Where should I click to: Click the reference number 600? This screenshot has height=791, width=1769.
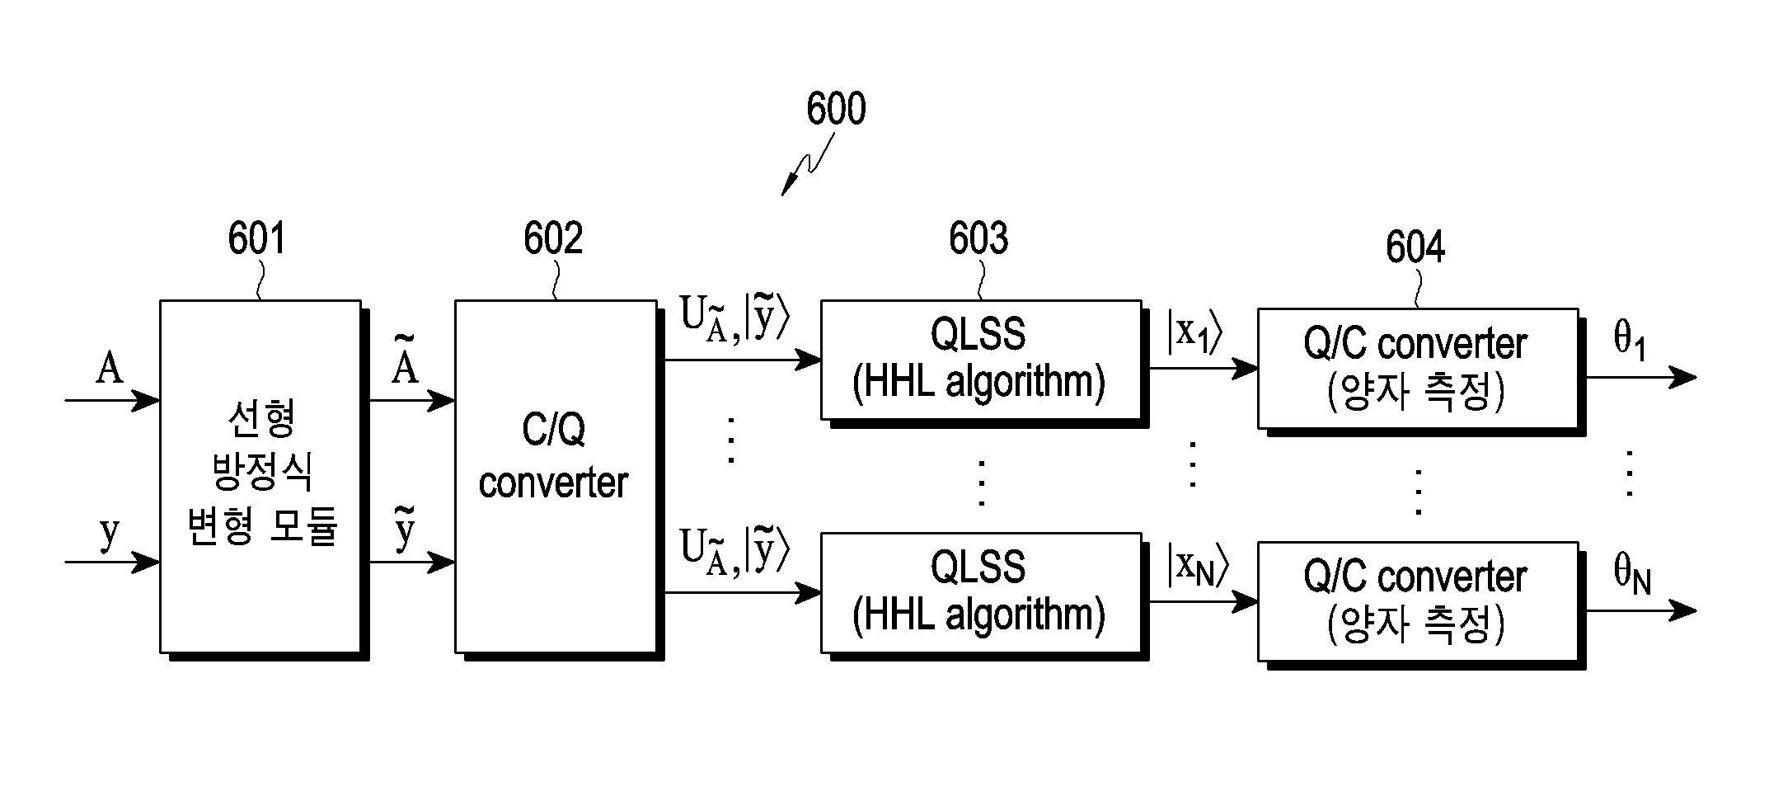pyautogui.click(x=836, y=109)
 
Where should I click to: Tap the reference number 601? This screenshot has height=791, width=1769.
pyautogui.click(x=256, y=238)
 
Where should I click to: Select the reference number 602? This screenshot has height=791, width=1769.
pyautogui.click(x=553, y=238)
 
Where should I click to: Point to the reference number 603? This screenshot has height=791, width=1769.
pyautogui.click(x=978, y=238)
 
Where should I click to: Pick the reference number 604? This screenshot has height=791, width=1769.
pyautogui.click(x=1415, y=247)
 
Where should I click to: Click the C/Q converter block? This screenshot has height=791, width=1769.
pyautogui.click(x=556, y=477)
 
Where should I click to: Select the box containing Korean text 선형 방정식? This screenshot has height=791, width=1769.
pyautogui.click(x=261, y=477)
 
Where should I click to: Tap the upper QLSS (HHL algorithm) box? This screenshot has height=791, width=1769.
pyautogui.click(x=982, y=360)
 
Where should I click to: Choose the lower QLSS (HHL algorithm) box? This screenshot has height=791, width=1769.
pyautogui.click(x=982, y=594)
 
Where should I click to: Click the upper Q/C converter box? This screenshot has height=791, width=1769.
pyautogui.click(x=1419, y=369)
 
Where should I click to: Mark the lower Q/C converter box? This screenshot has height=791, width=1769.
pyautogui.click(x=1419, y=602)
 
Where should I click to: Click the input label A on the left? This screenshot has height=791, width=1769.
pyautogui.click(x=110, y=368)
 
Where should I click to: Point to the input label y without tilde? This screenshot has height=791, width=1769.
pyautogui.click(x=110, y=532)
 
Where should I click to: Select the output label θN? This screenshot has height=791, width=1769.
pyautogui.click(x=1632, y=574)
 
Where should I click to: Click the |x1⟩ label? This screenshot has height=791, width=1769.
pyautogui.click(x=1194, y=332)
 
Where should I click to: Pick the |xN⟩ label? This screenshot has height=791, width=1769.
pyautogui.click(x=1198, y=566)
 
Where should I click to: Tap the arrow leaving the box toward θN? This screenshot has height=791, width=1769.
pyautogui.click(x=1641, y=611)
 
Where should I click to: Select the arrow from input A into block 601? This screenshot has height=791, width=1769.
pyautogui.click(x=112, y=401)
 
